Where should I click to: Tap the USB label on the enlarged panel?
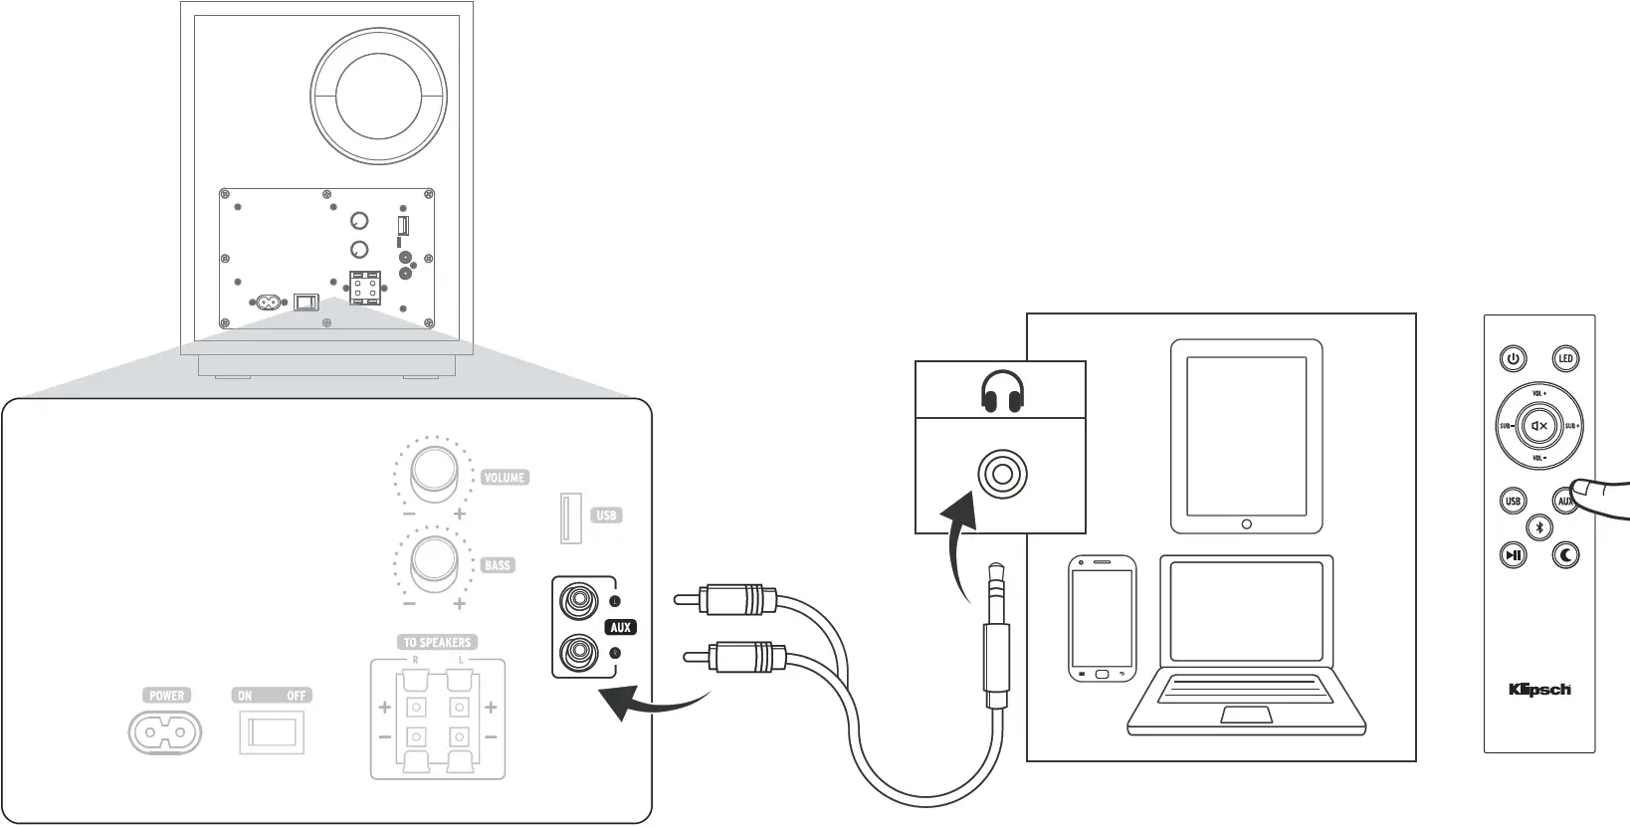(606, 516)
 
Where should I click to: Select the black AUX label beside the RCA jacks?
(620, 627)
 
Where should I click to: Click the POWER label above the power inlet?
(166, 696)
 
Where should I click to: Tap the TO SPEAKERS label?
(437, 642)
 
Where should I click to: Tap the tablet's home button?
(1246, 522)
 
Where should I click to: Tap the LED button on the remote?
(1565, 358)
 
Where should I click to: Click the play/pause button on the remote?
(1513, 555)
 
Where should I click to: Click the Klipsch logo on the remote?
(1539, 689)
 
